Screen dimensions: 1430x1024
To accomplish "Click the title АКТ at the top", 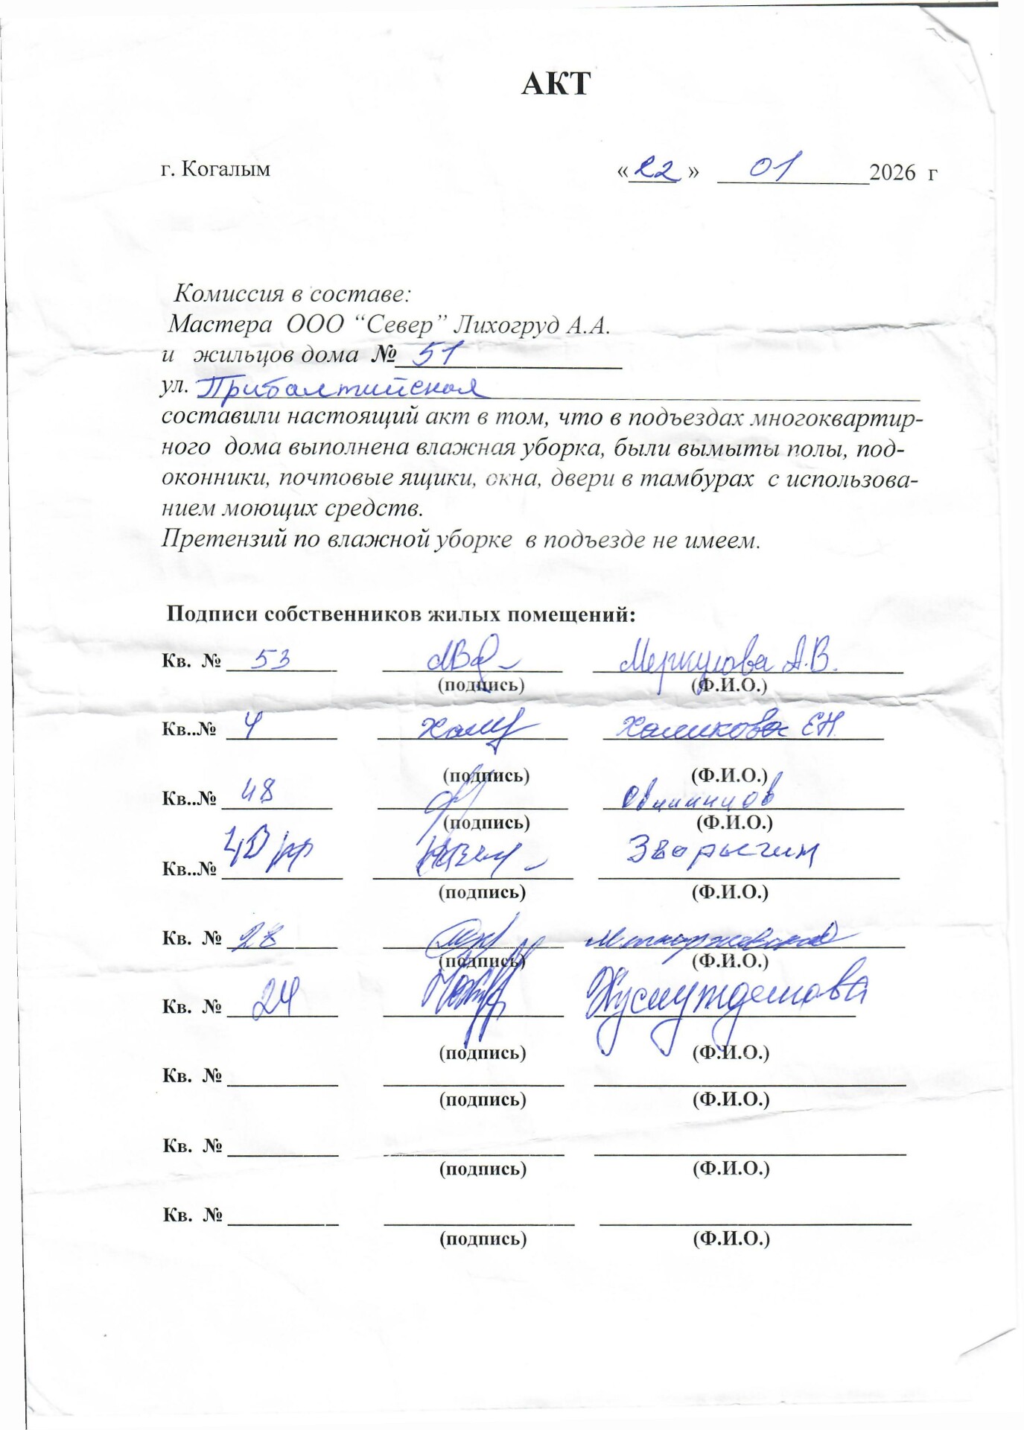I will point(556,83).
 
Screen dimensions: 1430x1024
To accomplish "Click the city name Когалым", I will point(226,169).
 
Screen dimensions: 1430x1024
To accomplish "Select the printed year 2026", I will point(892,172).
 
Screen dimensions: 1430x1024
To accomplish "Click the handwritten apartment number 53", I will point(270,659).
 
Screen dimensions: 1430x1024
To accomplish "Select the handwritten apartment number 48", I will point(258,791).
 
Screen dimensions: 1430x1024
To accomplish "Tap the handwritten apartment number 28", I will point(255,937).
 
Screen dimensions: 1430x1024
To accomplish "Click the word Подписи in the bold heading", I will point(212,614).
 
